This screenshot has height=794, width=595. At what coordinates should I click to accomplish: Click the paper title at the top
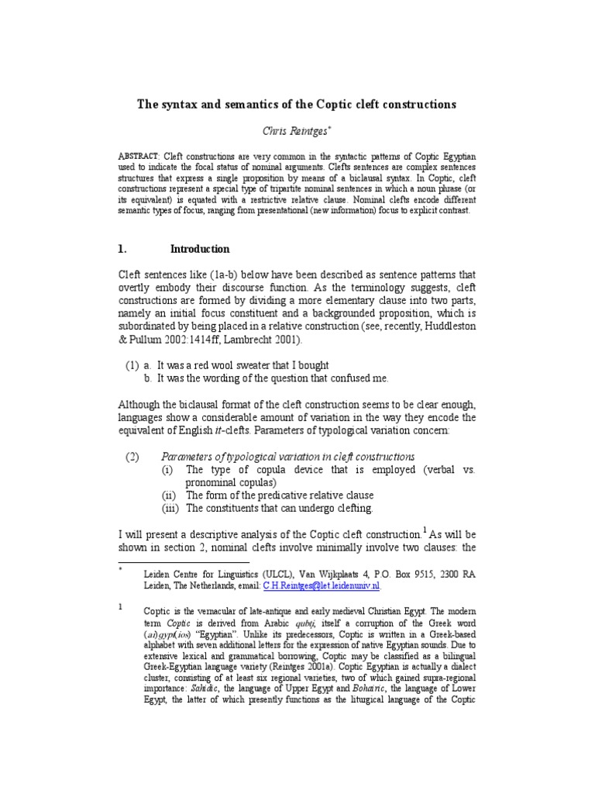click(x=297, y=104)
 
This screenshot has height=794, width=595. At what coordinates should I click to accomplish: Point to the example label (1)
click(x=132, y=365)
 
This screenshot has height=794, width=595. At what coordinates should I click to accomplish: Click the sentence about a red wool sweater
click(x=243, y=365)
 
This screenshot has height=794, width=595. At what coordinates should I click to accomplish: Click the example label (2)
click(x=132, y=457)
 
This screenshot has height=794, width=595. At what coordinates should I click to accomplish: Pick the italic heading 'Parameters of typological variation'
click(x=287, y=457)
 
